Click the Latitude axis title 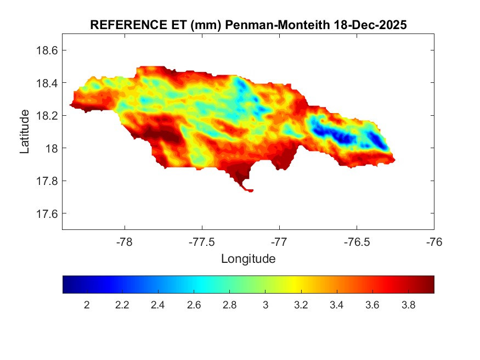point(25,132)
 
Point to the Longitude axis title point(248,258)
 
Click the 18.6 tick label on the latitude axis point(47,50)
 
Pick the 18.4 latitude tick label point(47,83)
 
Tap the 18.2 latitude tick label point(47,116)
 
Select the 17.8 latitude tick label point(47,181)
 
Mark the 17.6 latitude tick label point(47,213)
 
